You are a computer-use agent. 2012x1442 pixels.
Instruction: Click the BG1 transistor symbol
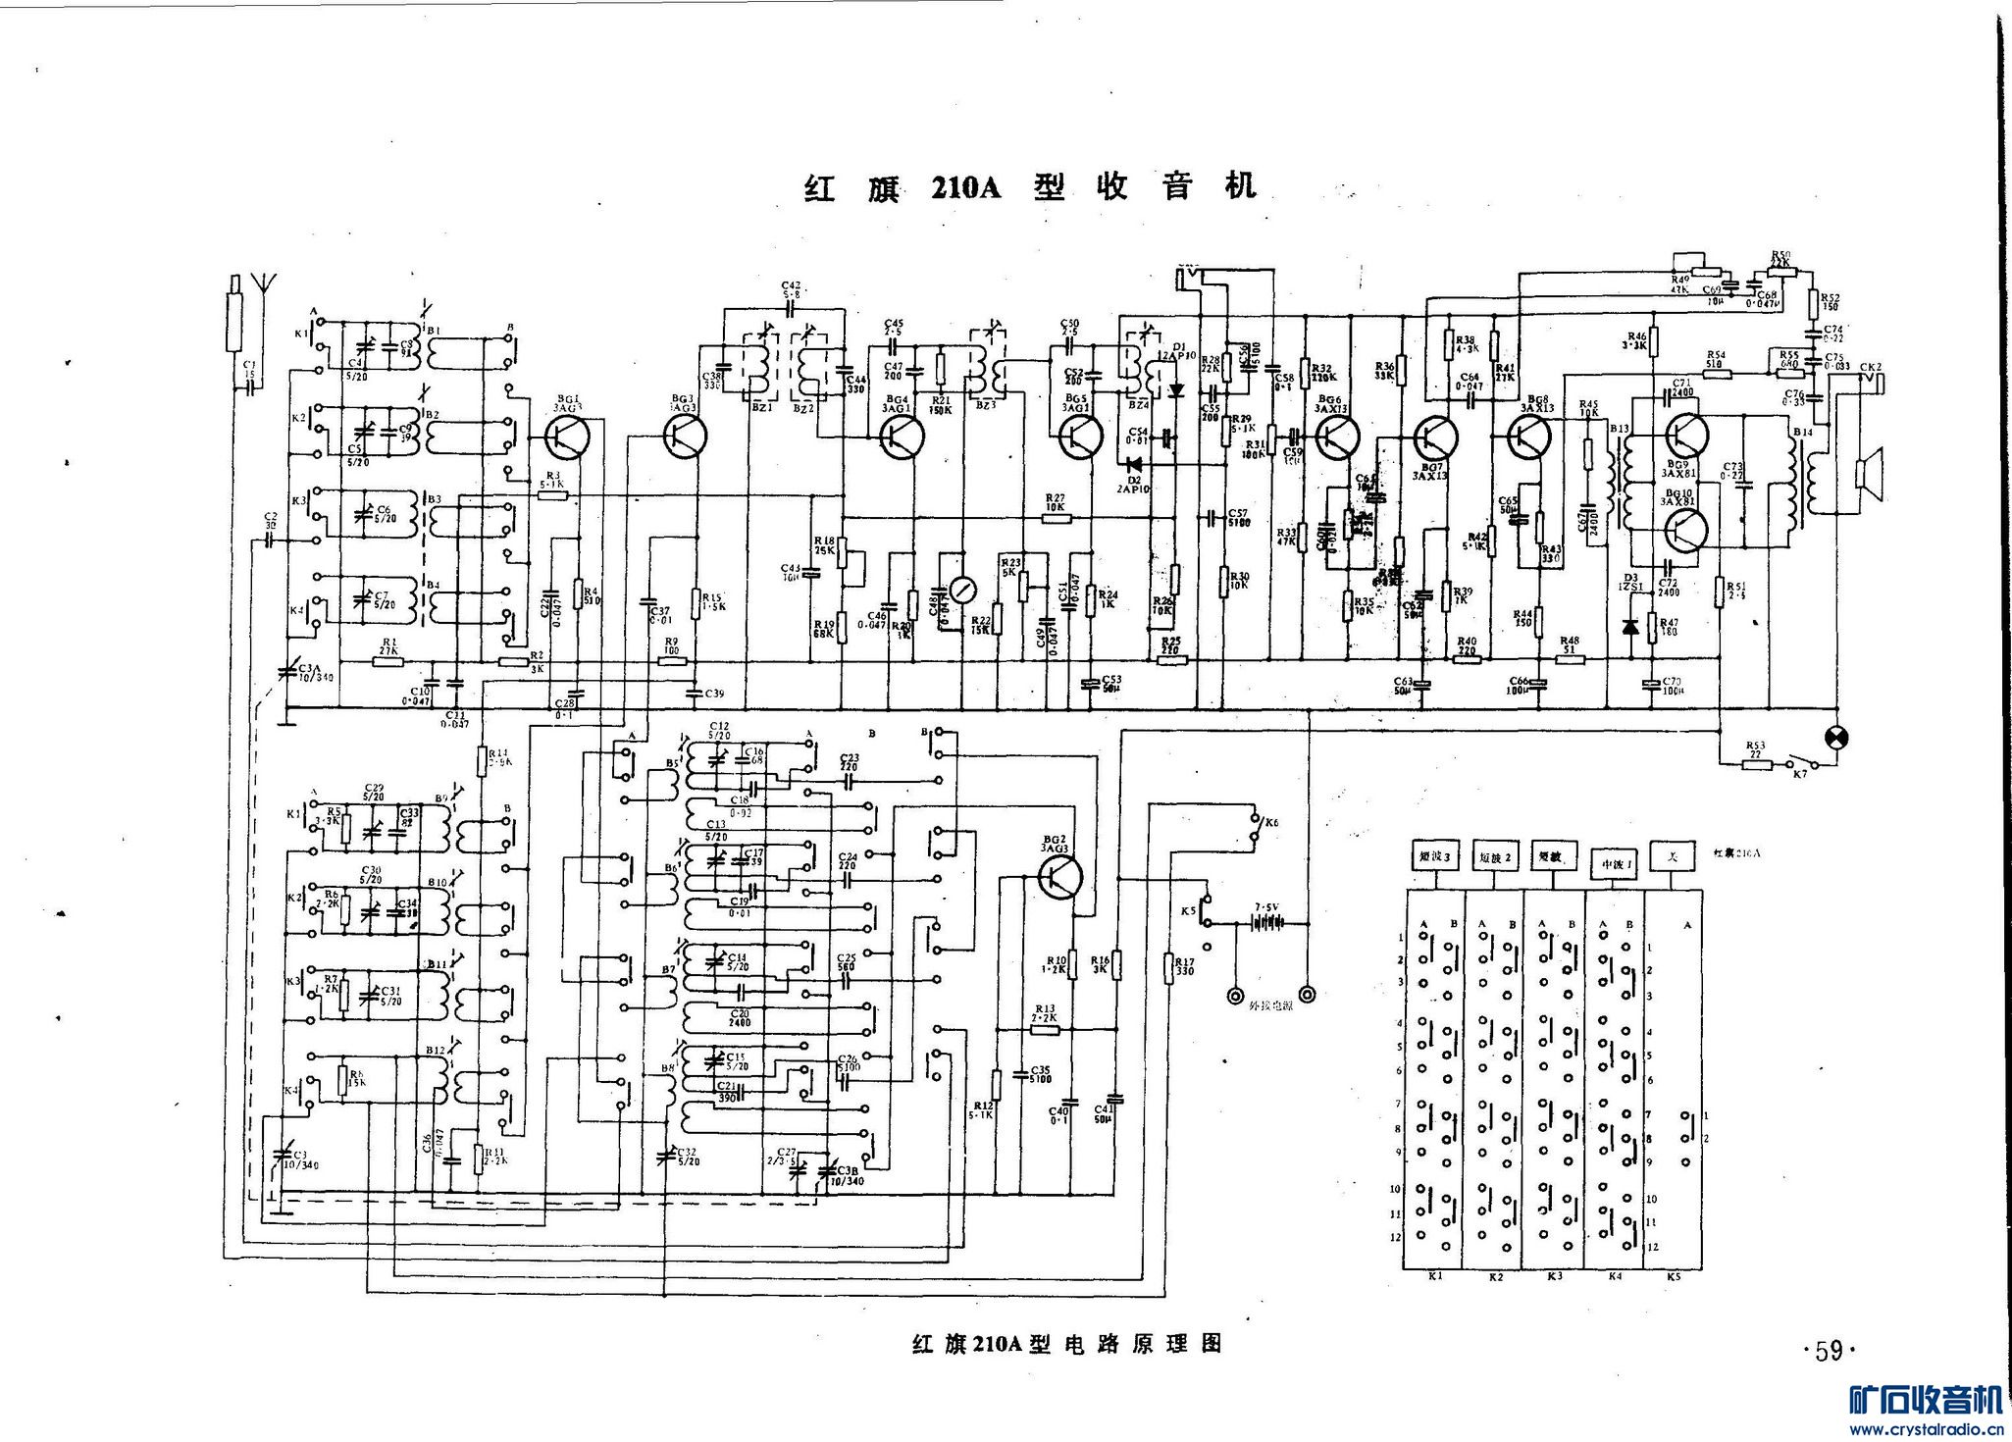pyautogui.click(x=566, y=437)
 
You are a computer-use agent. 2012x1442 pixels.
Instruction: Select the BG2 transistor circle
pyautogui.click(x=1060, y=876)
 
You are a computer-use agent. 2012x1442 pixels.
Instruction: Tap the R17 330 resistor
pyautogui.click(x=1168, y=968)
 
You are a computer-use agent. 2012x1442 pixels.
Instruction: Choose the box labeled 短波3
pyautogui.click(x=1435, y=856)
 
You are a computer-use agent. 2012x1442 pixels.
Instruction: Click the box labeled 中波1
pyautogui.click(x=1614, y=862)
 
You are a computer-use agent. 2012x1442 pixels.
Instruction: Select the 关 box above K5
pyautogui.click(x=1674, y=856)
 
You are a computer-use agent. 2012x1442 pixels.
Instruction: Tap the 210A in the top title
pyautogui.click(x=965, y=186)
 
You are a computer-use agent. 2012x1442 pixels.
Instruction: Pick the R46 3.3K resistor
pyautogui.click(x=1653, y=341)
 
